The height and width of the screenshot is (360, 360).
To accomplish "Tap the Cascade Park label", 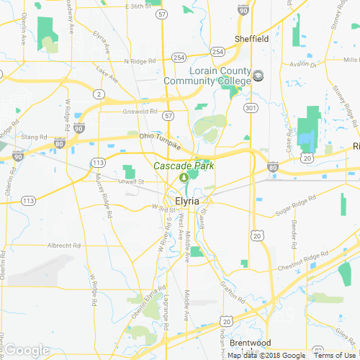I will tap(183, 166).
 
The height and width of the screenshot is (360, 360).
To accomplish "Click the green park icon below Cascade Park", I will tap(183, 177).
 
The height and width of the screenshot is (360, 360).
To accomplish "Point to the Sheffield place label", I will tap(252, 39).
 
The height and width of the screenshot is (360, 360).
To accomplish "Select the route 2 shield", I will tap(98, 94).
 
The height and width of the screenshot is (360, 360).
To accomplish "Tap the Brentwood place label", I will tap(251, 343).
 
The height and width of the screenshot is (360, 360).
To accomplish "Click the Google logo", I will tap(26, 351).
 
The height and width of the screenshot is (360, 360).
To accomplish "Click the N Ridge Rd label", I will tap(140, 61).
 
